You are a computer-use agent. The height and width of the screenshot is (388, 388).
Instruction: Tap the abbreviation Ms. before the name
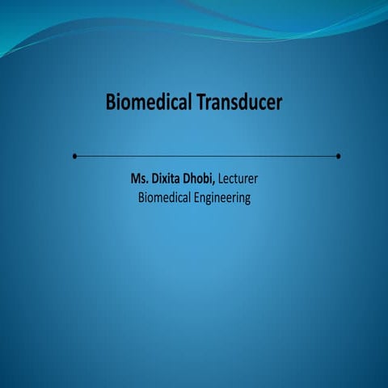tap(140, 177)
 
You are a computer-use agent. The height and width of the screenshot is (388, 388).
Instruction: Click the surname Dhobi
tap(201, 177)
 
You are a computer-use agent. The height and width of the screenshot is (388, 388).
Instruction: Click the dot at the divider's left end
tap(74, 156)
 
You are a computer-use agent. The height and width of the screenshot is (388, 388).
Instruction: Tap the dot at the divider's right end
tap(338, 156)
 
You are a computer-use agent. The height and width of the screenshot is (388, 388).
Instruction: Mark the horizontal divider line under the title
tap(206, 156)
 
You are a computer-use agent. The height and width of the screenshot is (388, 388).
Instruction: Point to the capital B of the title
tap(110, 103)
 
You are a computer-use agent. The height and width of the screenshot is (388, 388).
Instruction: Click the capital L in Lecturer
tap(222, 177)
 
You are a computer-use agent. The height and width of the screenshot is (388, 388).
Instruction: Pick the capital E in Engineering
tap(196, 197)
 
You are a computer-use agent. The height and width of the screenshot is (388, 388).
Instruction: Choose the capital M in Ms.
tap(135, 177)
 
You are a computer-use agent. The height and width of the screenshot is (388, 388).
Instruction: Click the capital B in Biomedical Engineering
tap(141, 197)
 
